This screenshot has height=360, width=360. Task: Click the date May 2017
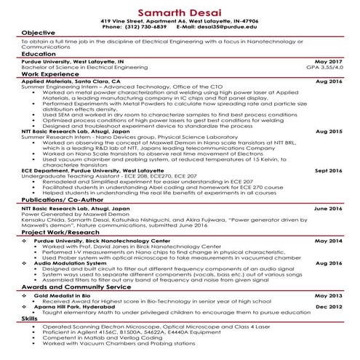[x=327, y=63]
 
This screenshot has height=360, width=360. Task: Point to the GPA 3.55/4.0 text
[x=323, y=68]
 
